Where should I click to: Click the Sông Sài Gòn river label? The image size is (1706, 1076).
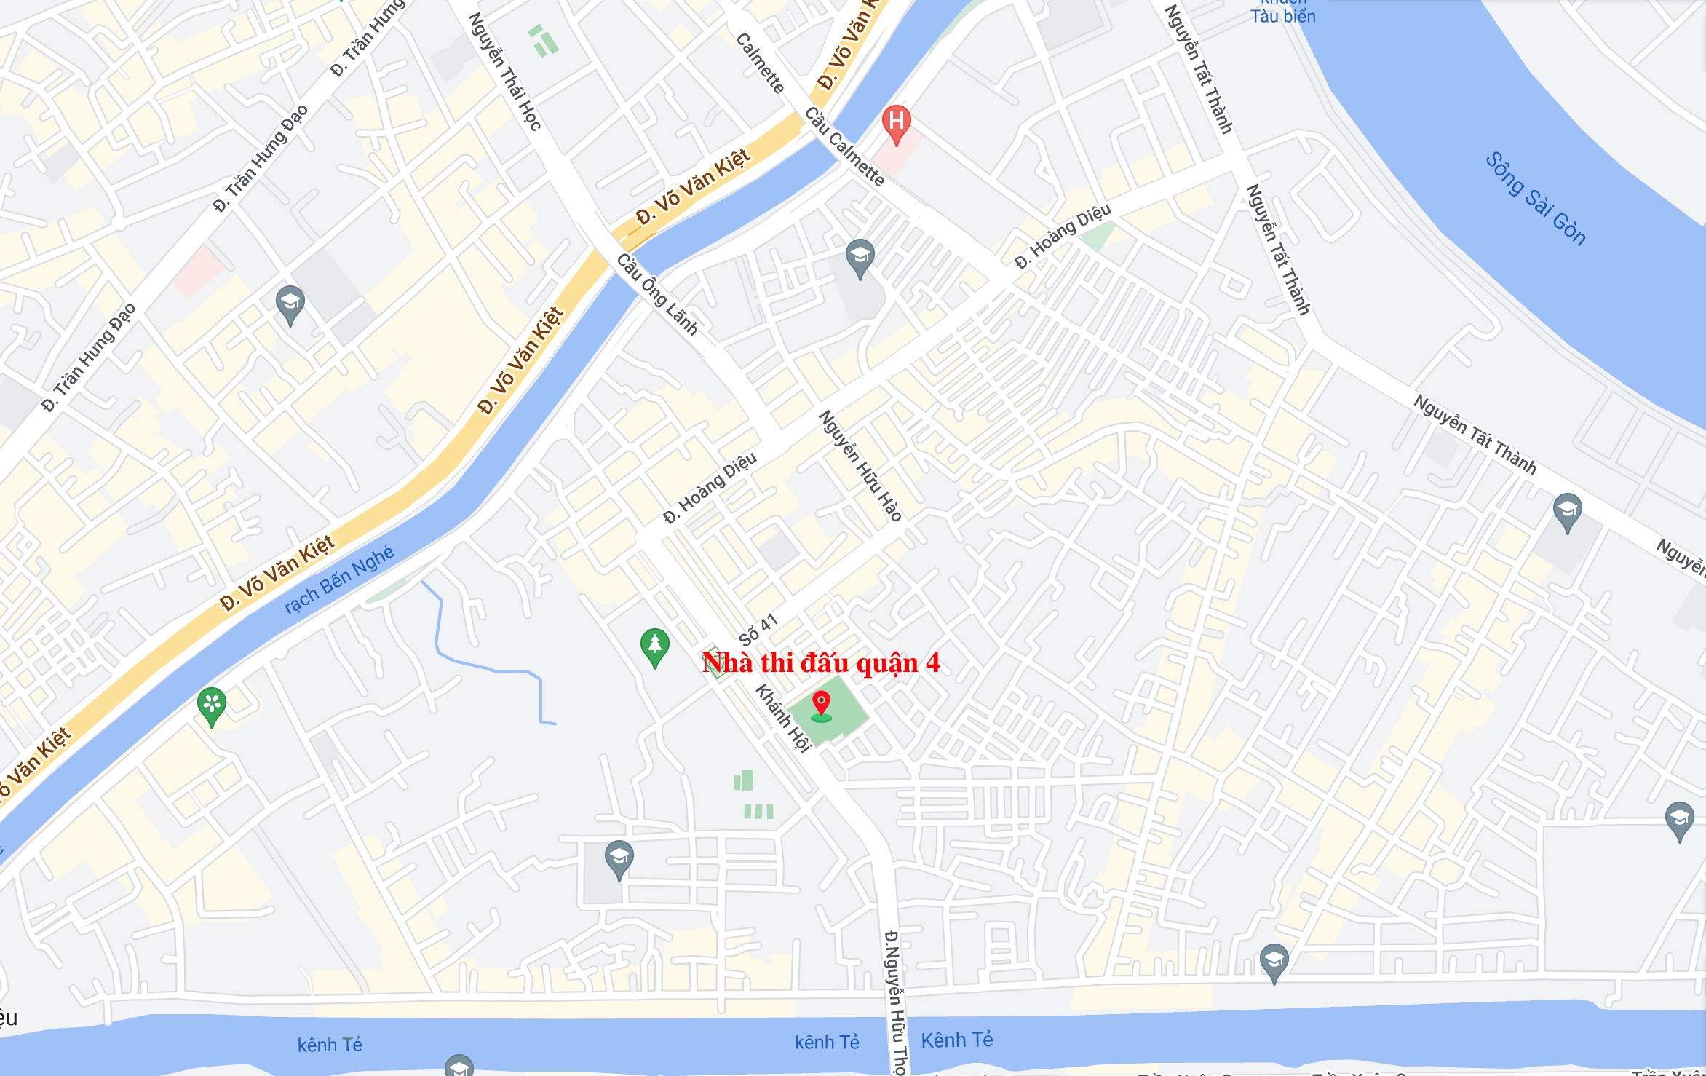(x=1534, y=198)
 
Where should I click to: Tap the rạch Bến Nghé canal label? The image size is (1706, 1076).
(x=339, y=579)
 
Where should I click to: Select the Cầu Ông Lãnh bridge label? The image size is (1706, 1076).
(x=657, y=293)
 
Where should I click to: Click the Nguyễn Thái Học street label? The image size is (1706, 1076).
(x=505, y=71)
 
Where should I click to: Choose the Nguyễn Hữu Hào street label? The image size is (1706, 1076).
(x=860, y=465)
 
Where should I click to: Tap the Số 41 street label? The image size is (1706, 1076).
(x=758, y=629)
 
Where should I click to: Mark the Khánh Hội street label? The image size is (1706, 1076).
(x=783, y=717)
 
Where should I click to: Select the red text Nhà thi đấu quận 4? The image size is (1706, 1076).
(x=821, y=662)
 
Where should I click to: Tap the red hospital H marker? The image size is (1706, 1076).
(x=896, y=123)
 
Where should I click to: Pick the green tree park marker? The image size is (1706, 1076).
(x=654, y=646)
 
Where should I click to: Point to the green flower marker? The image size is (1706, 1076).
(x=212, y=705)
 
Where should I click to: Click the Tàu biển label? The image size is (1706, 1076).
(x=1282, y=16)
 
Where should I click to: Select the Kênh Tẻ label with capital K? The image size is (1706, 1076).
(x=956, y=1040)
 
